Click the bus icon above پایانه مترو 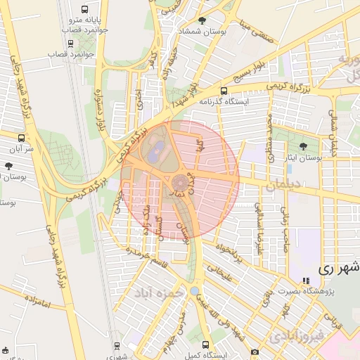85,11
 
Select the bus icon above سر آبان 22,138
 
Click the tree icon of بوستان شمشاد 203,21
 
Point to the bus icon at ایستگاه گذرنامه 224,91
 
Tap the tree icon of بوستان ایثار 303,147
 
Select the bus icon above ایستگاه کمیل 205,345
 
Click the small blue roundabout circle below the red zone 194,290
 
